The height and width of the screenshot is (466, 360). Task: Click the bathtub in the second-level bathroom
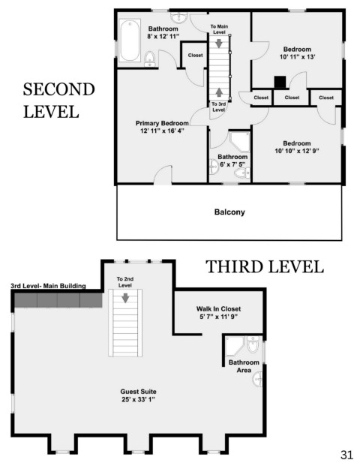pos(130,41)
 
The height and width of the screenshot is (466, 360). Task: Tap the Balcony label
pos(229,212)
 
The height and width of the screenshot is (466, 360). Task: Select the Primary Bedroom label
pos(162,123)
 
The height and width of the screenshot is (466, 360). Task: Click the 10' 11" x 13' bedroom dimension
pos(297,57)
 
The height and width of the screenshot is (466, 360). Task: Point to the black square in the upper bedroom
pos(280,83)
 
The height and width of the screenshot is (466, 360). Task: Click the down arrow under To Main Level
pos(219,43)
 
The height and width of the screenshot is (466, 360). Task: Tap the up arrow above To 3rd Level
pos(219,92)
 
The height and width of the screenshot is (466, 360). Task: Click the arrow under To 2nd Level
pos(125,298)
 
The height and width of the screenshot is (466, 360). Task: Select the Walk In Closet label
pos(218,308)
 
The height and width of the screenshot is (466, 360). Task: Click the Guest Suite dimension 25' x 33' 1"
pos(139,399)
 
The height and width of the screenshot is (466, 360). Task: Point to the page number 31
pos(346,455)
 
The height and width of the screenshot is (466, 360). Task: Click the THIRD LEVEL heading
pos(264,266)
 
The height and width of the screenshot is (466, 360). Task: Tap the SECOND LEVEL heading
pos(58,101)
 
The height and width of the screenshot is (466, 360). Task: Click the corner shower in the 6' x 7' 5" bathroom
pos(240,142)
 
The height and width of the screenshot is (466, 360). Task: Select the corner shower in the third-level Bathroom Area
pos(235,346)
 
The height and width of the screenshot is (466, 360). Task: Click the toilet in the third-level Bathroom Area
pos(253,344)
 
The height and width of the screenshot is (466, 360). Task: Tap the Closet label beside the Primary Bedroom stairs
pos(196,56)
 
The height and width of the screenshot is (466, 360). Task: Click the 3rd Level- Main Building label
pos(48,286)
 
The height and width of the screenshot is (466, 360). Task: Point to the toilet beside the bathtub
pos(149,59)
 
